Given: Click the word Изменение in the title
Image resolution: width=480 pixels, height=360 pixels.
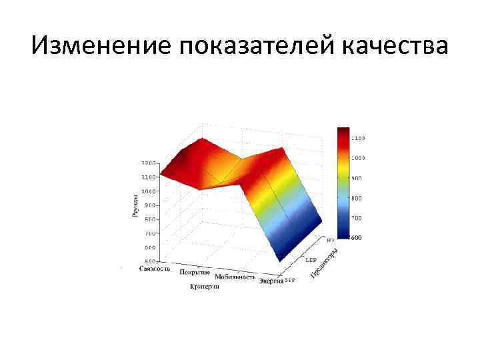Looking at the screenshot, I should click(99, 47).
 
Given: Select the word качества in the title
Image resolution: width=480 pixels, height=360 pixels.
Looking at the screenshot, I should click(395, 47).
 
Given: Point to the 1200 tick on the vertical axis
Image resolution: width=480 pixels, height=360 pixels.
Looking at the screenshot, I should click(149, 163).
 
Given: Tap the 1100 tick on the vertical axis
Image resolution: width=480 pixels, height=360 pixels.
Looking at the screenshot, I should click(149, 177).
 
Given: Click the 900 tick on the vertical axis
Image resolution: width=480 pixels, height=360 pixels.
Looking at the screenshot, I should click(150, 205).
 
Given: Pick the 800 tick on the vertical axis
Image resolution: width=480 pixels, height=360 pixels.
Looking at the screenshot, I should click(150, 219).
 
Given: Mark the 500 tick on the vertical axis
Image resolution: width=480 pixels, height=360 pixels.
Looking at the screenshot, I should click(150, 261).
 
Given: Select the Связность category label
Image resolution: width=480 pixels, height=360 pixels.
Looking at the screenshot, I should click(155, 269).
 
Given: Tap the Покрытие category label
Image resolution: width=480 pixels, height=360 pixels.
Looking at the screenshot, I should click(195, 273).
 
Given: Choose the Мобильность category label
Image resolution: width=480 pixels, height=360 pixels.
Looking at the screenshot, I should click(235, 277).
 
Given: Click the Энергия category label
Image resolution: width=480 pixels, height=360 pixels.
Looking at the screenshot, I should click(271, 281).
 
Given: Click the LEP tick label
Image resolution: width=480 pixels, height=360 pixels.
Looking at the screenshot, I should click(311, 259).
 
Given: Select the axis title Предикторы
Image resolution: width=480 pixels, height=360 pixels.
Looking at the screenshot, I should click(325, 263).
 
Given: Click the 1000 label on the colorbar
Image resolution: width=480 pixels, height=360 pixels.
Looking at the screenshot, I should click(358, 158).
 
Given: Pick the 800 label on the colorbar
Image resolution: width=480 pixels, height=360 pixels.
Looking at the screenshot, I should click(357, 198).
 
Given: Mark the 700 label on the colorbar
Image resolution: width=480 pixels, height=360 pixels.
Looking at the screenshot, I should click(357, 218).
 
